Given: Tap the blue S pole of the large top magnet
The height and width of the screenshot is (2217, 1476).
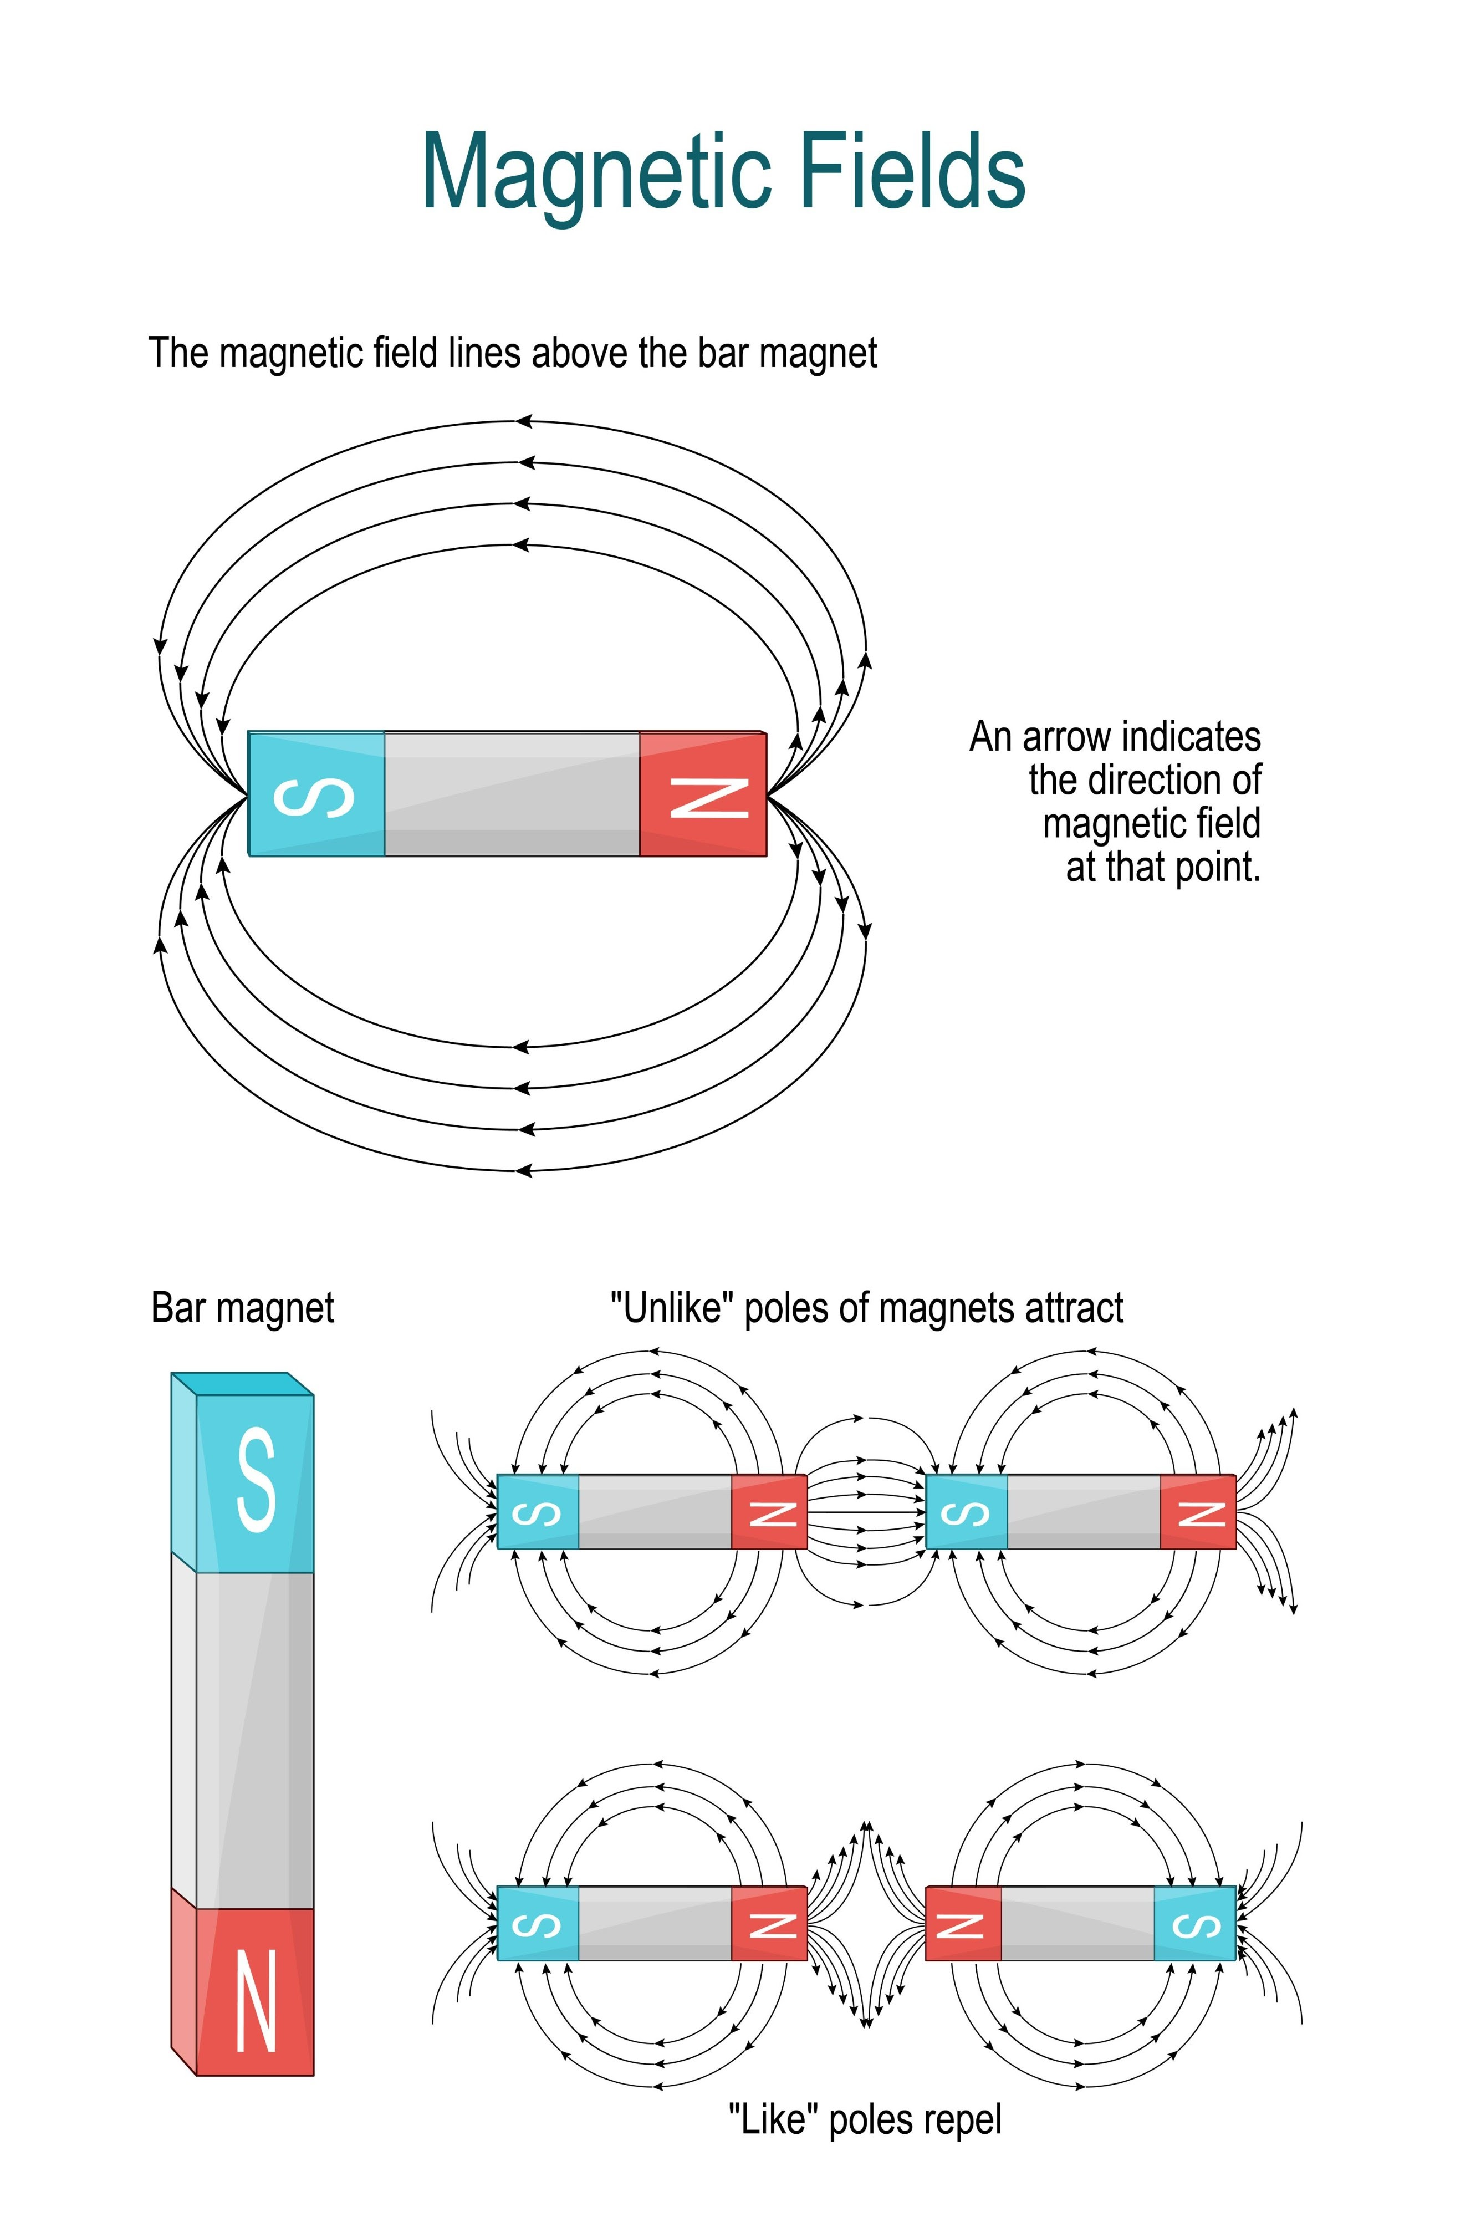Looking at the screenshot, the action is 316,793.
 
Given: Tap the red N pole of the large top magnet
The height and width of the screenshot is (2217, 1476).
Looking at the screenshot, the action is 703,793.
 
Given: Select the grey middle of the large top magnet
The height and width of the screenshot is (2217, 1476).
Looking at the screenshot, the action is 512,793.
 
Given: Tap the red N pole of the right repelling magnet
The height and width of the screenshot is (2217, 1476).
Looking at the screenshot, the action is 963,1923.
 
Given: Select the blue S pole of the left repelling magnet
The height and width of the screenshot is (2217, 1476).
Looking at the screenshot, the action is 538,1923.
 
